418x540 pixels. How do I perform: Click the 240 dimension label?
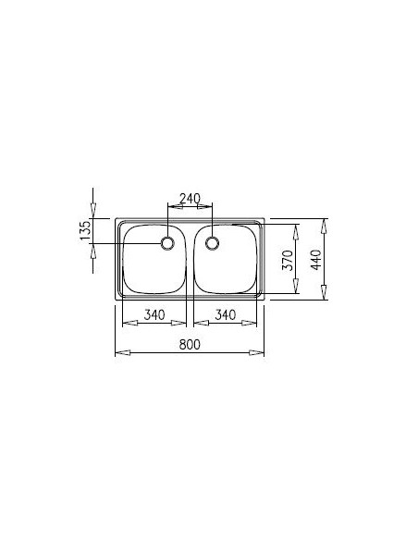(190, 197)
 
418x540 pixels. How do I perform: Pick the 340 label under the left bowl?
(154, 315)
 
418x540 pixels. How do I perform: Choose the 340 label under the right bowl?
(224, 315)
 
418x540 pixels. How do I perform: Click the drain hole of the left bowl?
(167, 243)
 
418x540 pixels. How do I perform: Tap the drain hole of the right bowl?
(213, 243)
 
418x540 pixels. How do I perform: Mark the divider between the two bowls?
(190, 259)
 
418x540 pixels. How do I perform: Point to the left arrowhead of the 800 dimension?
(118, 352)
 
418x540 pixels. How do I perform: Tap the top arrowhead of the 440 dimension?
(323, 223)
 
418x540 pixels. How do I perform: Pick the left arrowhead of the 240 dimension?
(171, 204)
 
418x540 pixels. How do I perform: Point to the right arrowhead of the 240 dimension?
(209, 204)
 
